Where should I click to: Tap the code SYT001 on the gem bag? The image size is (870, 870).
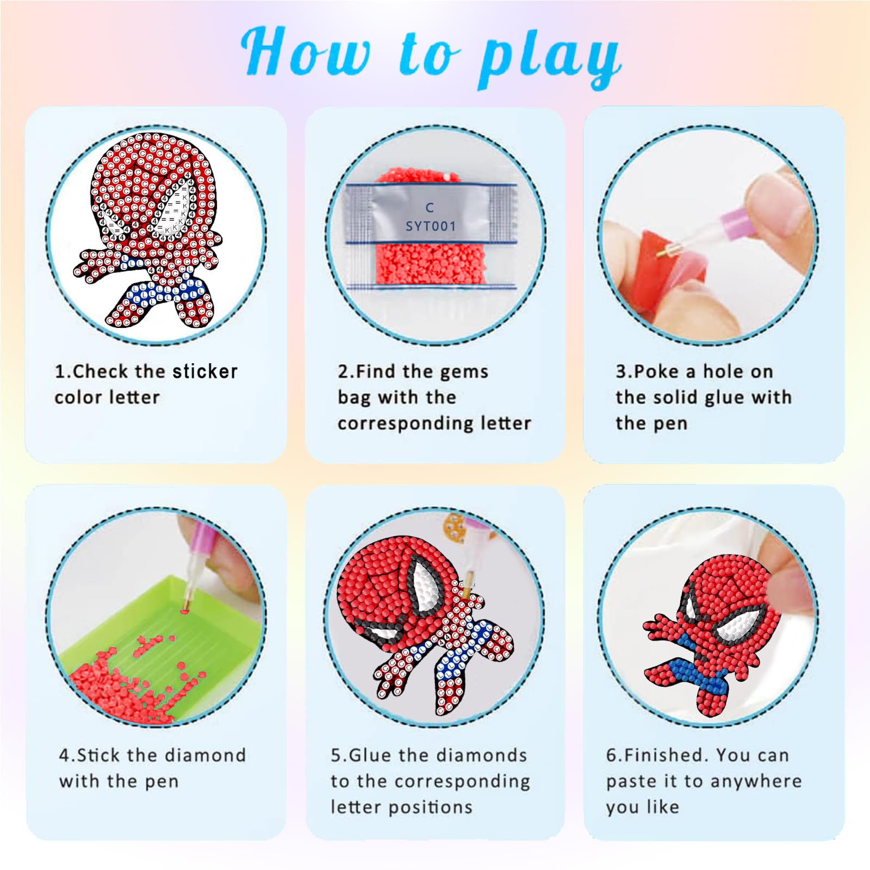(431, 226)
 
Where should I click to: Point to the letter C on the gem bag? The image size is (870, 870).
(430, 208)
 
